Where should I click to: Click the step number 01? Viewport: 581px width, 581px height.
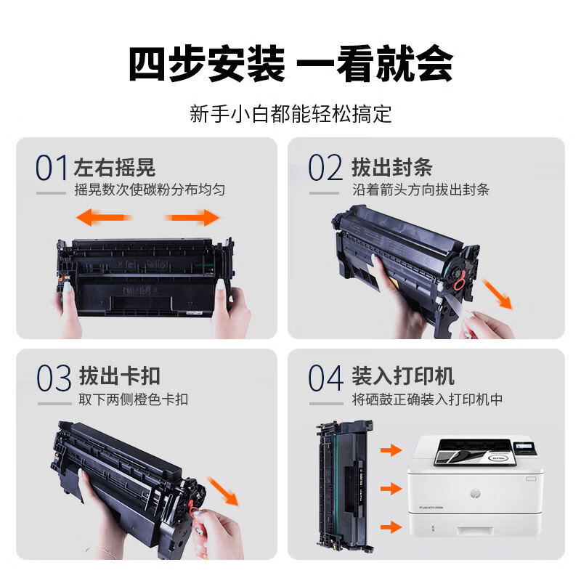point(52,168)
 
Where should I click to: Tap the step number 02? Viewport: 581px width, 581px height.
point(325,168)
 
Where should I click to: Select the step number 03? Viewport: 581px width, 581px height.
point(54,378)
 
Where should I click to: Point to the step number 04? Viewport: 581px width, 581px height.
point(325,378)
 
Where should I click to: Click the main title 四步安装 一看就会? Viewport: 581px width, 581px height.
point(290,63)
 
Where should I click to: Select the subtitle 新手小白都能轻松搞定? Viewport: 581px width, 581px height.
point(290,113)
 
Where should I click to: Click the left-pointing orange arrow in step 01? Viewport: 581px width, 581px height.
point(104,217)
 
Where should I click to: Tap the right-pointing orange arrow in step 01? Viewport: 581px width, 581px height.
point(192,217)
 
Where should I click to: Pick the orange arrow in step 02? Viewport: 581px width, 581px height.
point(497,294)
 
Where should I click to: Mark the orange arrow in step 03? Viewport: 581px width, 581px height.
point(224,492)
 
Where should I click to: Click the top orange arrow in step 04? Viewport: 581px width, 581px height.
point(391,450)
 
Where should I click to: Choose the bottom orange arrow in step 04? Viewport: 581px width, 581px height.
point(391,527)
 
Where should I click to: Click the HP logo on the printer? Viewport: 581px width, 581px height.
point(475,493)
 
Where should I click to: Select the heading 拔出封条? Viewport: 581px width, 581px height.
point(392,167)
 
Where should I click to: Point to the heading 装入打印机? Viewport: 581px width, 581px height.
point(403,376)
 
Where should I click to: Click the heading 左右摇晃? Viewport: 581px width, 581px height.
point(115,167)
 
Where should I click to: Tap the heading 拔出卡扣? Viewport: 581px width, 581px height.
point(119,376)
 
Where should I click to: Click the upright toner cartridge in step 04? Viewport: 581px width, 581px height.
point(344,486)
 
